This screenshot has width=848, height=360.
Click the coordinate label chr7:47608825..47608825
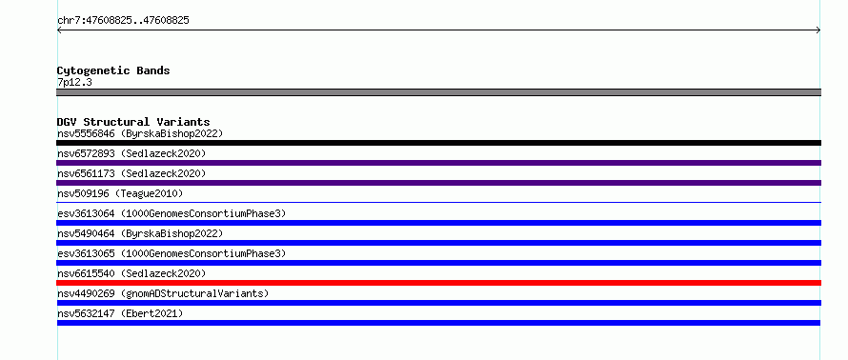click(x=123, y=21)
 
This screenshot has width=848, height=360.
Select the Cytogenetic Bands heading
click(x=113, y=70)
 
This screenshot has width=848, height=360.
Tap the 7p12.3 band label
click(x=74, y=83)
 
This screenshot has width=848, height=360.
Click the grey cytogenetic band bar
click(x=438, y=92)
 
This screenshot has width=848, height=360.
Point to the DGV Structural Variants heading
click(x=133, y=122)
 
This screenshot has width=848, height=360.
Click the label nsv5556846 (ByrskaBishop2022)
click(x=140, y=133)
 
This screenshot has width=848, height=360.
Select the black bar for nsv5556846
click(x=438, y=143)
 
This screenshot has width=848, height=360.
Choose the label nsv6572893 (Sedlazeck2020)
click(x=131, y=153)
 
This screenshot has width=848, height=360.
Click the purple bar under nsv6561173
click(x=438, y=183)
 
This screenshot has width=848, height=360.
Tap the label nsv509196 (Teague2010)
click(x=120, y=193)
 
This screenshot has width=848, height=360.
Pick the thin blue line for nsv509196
click(x=438, y=202)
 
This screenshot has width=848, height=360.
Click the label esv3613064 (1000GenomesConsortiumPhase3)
click(x=172, y=213)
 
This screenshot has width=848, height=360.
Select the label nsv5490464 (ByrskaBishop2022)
click(x=140, y=233)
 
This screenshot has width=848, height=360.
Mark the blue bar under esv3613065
click(x=438, y=263)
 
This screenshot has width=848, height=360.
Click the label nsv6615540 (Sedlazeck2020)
click(x=131, y=273)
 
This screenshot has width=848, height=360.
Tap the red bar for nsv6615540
click(x=438, y=283)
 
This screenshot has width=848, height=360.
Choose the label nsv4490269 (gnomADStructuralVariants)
click(x=163, y=293)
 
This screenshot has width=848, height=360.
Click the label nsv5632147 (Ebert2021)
click(x=120, y=313)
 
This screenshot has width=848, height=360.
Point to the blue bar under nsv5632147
click(x=438, y=323)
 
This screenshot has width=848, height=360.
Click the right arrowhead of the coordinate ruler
click(x=819, y=30)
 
